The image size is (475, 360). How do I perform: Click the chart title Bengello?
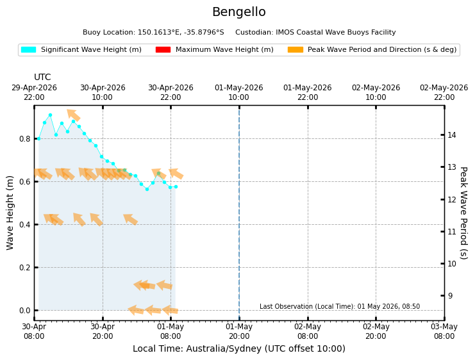click(239, 12)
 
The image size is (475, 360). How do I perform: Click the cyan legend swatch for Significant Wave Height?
click(28, 50)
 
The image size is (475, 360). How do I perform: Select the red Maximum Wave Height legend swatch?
click(163, 50)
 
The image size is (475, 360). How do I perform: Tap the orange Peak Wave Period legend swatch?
click(296, 50)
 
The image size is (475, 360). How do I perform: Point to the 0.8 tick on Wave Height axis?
click(25, 139)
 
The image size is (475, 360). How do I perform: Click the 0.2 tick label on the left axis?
click(25, 268)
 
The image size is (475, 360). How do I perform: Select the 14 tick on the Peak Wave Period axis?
click(452, 135)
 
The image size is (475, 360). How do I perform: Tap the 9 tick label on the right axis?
click(450, 296)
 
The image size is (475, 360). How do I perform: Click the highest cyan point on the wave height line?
click(50, 115)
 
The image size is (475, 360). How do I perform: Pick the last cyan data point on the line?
click(176, 187)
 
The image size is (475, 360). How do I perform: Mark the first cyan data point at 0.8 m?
click(38, 138)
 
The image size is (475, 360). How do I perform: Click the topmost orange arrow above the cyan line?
click(74, 115)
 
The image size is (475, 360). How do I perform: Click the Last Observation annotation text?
click(340, 306)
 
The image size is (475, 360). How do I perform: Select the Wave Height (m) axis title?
click(10, 213)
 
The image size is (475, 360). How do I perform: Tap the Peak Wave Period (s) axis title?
click(463, 213)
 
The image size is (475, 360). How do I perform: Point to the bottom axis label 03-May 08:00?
click(444, 332)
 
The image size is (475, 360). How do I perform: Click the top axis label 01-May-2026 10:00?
click(239, 92)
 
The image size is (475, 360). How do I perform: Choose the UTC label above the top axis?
click(42, 77)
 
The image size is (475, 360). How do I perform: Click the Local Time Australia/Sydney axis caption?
click(239, 349)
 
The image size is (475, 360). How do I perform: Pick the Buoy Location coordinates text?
click(153, 33)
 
